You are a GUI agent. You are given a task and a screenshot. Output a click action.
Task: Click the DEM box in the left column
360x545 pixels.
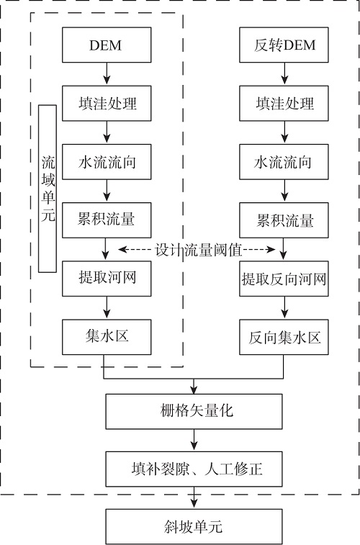[107, 45]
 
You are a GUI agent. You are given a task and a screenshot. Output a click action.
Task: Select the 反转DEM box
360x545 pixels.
[284, 45]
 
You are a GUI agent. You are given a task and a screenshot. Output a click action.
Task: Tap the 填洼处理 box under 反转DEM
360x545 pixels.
[284, 104]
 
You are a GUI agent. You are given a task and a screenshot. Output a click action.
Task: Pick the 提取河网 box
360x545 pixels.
[107, 279]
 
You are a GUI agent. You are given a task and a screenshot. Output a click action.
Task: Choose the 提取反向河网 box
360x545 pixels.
[284, 279]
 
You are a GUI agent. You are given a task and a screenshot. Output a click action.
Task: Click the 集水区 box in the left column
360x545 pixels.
[107, 337]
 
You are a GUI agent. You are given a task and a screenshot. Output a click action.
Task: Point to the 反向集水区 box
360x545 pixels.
[284, 337]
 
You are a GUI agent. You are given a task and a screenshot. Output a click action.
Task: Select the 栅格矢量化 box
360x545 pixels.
[194, 412]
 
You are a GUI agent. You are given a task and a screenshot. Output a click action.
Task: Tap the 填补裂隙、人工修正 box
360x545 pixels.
[194, 469]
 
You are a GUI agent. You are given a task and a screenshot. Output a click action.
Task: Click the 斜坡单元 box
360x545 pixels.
[194, 527]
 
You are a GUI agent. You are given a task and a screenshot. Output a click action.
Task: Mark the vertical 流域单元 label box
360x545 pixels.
[48, 189]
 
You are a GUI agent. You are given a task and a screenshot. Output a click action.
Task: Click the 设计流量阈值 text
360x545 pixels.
[198, 250]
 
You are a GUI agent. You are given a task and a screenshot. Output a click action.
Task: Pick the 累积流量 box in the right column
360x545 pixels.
[284, 220]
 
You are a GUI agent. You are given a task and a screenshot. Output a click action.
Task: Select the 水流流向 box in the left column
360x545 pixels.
[107, 162]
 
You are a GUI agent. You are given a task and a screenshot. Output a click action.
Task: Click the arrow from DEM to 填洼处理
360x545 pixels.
[107, 73]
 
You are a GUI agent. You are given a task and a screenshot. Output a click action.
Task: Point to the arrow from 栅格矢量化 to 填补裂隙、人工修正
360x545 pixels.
[194, 440]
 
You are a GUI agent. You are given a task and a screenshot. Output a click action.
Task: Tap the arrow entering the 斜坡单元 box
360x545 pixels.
[194, 497]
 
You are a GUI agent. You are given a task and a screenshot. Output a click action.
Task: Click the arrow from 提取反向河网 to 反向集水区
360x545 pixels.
[284, 307]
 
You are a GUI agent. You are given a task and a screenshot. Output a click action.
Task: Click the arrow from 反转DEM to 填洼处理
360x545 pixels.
[284, 73]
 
